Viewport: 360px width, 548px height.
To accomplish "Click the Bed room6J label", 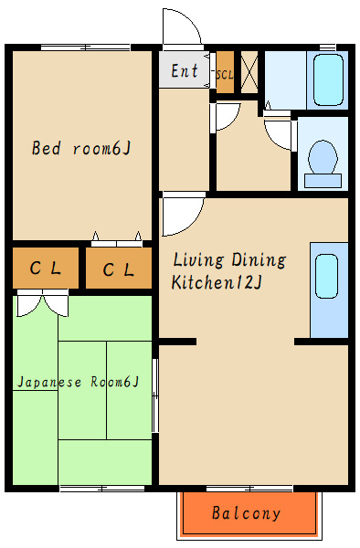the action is click(81, 148).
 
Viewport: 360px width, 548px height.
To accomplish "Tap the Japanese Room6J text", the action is click(79, 382).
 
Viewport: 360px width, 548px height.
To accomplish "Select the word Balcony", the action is click(246, 513).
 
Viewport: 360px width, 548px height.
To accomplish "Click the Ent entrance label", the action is click(185, 70).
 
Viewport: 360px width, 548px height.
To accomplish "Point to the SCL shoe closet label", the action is click(225, 75).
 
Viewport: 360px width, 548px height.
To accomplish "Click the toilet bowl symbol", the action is click(323, 163).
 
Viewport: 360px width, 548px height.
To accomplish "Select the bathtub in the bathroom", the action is click(328, 79).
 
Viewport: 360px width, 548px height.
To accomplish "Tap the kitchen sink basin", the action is click(326, 276).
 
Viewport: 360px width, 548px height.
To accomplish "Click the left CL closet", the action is click(46, 268).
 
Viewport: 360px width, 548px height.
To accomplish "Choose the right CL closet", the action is click(119, 269).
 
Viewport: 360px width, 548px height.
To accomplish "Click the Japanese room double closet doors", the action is click(43, 304).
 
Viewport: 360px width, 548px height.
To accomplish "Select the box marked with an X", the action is click(249, 72).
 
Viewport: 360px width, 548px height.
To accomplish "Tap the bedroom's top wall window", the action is click(86, 47).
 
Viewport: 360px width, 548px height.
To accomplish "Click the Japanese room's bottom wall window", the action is click(102, 489).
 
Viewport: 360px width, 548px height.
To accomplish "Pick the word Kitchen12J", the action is click(217, 282).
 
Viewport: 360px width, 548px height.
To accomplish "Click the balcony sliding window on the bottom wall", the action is click(249, 489).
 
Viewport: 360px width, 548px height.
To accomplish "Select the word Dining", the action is click(259, 260).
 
